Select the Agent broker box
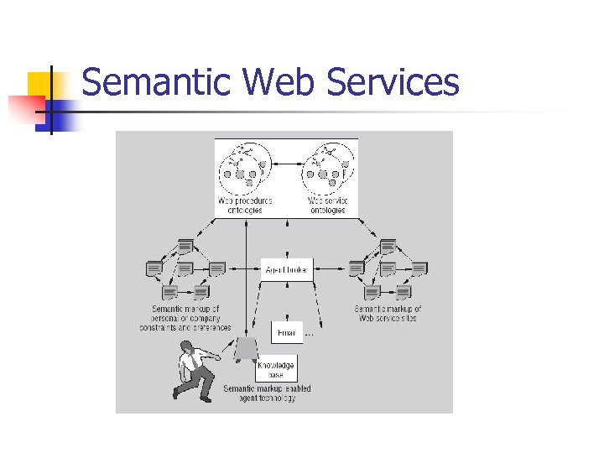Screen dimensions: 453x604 (x=287, y=270)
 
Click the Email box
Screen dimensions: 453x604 (x=286, y=332)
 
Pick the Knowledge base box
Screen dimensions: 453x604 (x=276, y=369)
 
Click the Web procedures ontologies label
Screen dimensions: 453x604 (x=245, y=206)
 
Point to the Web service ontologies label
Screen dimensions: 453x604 (x=326, y=206)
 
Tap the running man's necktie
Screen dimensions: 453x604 (x=195, y=362)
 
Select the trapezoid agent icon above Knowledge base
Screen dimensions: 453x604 (x=246, y=347)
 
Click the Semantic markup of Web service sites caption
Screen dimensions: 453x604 (x=388, y=314)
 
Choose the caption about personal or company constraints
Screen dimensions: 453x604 (x=185, y=319)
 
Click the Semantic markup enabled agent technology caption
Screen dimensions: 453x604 (x=267, y=393)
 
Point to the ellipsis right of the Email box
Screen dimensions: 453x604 (x=309, y=334)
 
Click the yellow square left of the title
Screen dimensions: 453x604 (x=39, y=85)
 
